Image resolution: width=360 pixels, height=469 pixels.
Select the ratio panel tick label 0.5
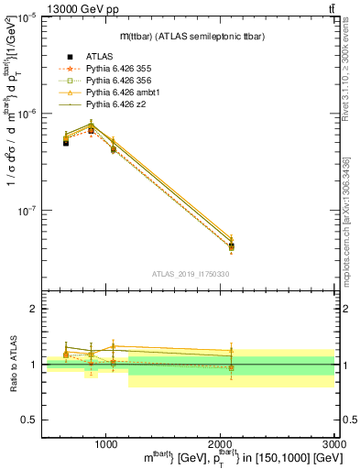pos(32,420)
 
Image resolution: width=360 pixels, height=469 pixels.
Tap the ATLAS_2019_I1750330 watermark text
pos(190,274)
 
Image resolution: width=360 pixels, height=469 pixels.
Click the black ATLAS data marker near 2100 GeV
pos(231,245)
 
